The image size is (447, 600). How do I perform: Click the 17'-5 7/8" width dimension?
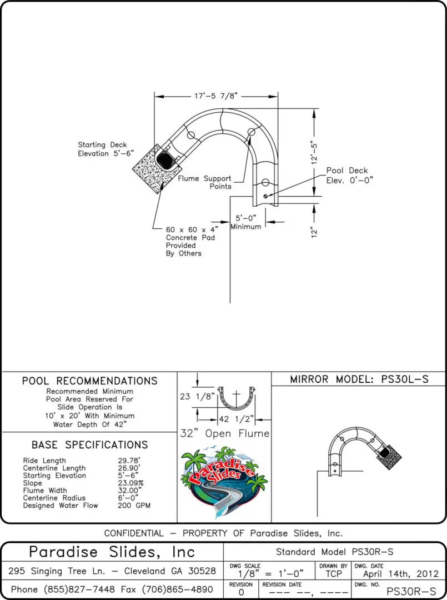pos(215,96)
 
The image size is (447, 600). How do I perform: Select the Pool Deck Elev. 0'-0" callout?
pos(349,175)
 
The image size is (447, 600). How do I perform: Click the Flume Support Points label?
pos(205,182)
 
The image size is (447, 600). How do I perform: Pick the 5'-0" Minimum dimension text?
pos(246,222)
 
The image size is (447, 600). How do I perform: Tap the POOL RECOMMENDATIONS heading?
pos(89,381)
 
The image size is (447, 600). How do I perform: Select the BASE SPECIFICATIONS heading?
pos(89,445)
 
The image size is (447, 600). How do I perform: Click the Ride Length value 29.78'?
pos(129,461)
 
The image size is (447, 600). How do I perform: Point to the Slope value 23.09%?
pos(130,483)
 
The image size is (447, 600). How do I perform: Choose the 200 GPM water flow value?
pos(134,506)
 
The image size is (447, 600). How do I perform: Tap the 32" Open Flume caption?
pos(224,433)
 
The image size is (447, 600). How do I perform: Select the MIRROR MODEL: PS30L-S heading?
pos(359,379)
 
